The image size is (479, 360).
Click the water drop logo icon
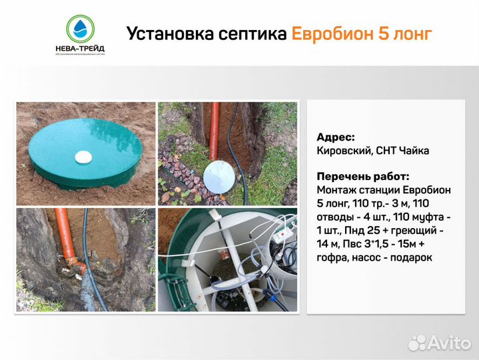81,28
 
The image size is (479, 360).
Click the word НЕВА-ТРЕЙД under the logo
80,47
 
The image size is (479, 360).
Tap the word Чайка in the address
414,151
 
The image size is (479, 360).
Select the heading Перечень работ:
362,177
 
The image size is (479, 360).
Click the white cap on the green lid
84,157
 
